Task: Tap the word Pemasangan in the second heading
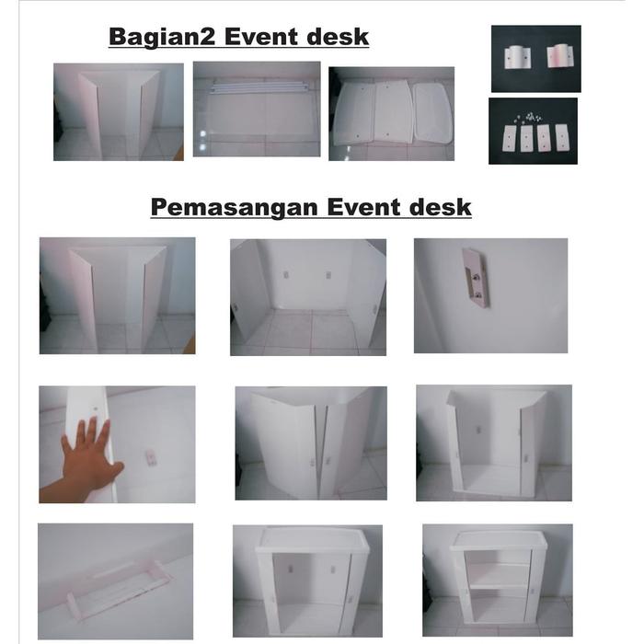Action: click(x=235, y=207)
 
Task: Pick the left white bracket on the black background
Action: click(x=517, y=57)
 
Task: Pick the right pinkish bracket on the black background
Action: click(x=558, y=55)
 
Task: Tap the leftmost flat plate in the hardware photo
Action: click(x=510, y=138)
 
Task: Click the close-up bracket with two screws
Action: click(x=477, y=277)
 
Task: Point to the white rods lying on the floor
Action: click(x=258, y=87)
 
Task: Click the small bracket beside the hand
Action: click(x=151, y=457)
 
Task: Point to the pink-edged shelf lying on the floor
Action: click(x=119, y=587)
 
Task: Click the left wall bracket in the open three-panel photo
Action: click(x=287, y=275)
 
